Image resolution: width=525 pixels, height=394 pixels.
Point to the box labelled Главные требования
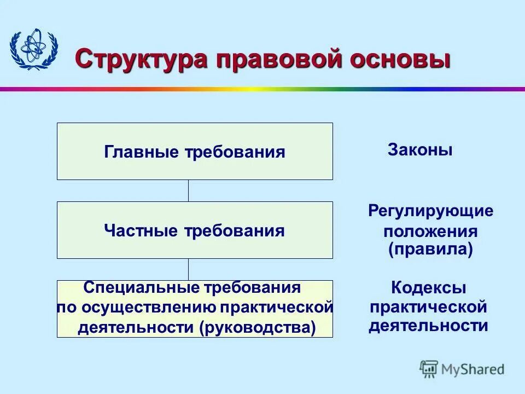(x=195, y=152)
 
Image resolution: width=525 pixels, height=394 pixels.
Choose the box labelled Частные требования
(x=195, y=230)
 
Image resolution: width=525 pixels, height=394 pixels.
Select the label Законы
(x=420, y=150)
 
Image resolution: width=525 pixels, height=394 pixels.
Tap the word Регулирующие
(x=430, y=211)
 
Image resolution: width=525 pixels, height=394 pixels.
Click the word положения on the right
(x=430, y=231)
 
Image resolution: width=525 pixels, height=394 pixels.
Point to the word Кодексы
(x=429, y=287)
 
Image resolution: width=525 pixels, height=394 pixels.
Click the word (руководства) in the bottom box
(x=258, y=328)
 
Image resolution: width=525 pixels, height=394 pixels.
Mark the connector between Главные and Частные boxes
(x=189, y=190)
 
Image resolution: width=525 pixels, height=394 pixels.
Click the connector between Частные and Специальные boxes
(x=189, y=269)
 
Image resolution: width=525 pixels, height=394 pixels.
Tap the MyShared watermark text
(x=474, y=369)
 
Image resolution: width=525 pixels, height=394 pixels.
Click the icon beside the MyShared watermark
(x=429, y=369)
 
